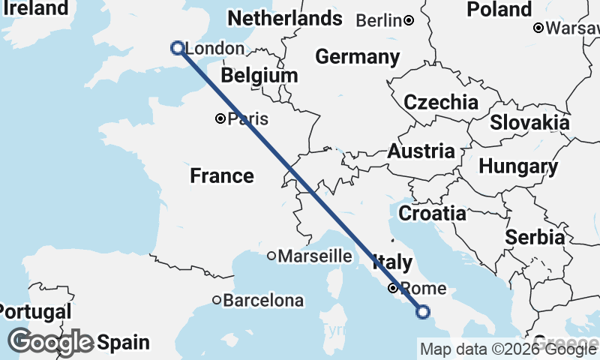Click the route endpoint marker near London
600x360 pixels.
pyautogui.click(x=178, y=48)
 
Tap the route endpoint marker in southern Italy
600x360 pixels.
pyautogui.click(x=423, y=312)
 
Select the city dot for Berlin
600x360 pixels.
pyautogui.click(x=409, y=20)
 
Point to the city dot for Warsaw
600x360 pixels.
pyautogui.click(x=538, y=28)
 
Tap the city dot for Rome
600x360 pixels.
pyautogui.click(x=392, y=288)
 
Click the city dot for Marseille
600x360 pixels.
pyautogui.click(x=271, y=256)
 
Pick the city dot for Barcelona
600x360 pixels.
pyautogui.click(x=217, y=300)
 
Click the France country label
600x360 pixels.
pyautogui.click(x=221, y=175)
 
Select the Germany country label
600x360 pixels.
pyautogui.click(x=357, y=56)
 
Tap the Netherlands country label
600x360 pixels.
pyautogui.click(x=284, y=18)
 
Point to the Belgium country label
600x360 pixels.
pyautogui.click(x=259, y=76)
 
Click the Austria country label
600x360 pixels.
pyautogui.click(x=421, y=151)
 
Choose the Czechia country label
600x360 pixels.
pyautogui.click(x=441, y=102)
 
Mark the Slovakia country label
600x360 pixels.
pyautogui.click(x=529, y=121)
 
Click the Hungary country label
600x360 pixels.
pyautogui.click(x=517, y=166)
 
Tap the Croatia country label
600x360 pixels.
pyautogui.click(x=432, y=213)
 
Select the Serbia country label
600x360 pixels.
pyautogui.click(x=535, y=237)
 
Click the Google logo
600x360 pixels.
pyautogui.click(x=51, y=342)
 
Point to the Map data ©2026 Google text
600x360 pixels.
pyautogui.click(x=508, y=349)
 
